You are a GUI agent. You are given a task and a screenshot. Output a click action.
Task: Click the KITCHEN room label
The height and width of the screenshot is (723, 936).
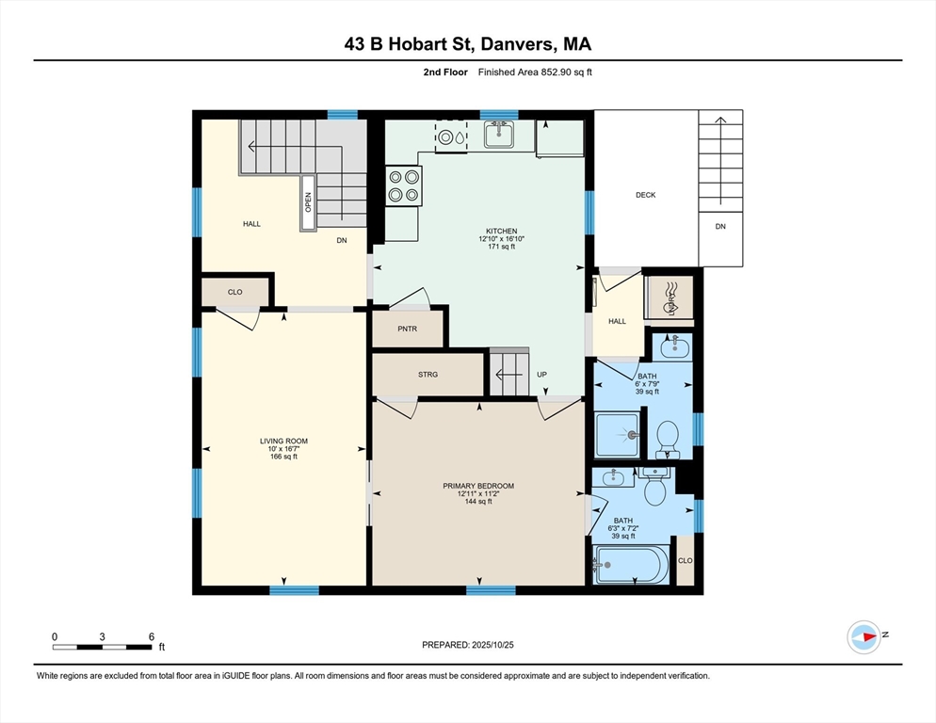[501, 231]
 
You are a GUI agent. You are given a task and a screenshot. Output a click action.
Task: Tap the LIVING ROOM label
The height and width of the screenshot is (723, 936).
[283, 442]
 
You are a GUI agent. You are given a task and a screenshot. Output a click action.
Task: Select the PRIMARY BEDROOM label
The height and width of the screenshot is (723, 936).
[478, 486]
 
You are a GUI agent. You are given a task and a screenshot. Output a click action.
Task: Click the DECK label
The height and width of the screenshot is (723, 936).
[645, 195]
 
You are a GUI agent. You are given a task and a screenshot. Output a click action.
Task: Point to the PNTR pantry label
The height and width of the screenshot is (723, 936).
[407, 329]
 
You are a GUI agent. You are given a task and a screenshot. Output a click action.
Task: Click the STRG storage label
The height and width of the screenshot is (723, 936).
[428, 375]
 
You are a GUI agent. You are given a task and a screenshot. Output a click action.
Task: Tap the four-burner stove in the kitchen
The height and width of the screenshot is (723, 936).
[404, 185]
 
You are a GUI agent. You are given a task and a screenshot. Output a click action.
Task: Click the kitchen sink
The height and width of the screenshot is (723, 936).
[500, 135]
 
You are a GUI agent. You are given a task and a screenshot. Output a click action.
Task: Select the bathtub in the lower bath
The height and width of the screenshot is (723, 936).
[630, 565]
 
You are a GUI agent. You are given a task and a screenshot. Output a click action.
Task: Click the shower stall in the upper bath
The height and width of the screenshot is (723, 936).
[617, 435]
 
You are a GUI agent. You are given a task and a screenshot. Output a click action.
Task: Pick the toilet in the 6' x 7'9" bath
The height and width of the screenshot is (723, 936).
[667, 440]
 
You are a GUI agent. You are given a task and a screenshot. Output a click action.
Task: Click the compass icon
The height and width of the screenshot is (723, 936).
[864, 637]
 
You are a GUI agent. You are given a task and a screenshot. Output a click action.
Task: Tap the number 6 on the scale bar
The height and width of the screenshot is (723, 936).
[152, 636]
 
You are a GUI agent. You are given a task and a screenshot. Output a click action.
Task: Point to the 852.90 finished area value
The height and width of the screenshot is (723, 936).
[557, 72]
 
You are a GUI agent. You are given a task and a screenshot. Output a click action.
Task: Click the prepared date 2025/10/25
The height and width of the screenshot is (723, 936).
[492, 645]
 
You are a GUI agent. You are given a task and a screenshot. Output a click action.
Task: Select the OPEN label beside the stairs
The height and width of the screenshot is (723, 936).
[308, 201]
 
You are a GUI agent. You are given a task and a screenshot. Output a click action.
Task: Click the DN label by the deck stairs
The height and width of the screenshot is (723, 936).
[720, 226]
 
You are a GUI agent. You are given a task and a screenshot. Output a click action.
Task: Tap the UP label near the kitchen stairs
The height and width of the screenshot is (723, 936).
[541, 375]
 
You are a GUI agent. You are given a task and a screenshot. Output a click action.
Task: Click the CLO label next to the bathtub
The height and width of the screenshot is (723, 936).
[686, 561]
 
